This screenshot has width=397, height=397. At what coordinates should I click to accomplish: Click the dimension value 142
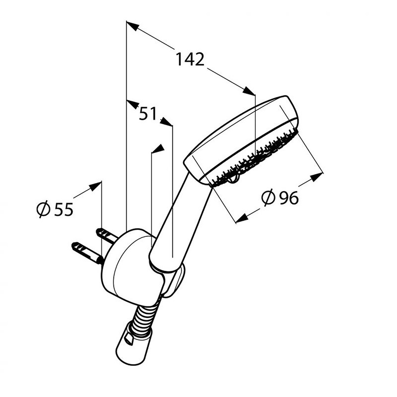190,60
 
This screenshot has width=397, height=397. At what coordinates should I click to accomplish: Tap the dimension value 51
148,113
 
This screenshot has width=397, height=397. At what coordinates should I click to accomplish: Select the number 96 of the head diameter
288,198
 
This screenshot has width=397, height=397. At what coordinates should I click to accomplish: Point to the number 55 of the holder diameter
64,210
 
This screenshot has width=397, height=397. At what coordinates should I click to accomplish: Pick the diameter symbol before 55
43,209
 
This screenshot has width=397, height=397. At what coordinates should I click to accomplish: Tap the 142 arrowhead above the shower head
249,91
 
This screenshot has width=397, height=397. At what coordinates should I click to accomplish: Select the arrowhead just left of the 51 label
133,104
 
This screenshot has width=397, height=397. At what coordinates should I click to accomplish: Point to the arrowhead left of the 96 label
242,218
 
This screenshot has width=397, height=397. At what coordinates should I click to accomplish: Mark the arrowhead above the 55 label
95,186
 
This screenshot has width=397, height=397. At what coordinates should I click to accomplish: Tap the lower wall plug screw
87,253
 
